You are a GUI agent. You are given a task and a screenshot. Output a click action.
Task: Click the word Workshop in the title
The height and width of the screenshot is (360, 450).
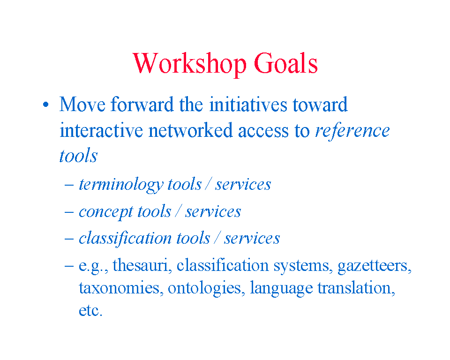coord(190,64)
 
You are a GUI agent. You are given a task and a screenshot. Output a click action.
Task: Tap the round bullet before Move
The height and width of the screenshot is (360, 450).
coord(45,105)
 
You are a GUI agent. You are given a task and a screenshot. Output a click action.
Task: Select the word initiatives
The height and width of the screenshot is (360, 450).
coord(248,104)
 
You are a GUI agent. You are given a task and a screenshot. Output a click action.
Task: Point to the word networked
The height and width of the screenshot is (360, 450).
coord(190,130)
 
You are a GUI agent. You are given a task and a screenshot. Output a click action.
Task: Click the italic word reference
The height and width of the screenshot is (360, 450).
coord(352,131)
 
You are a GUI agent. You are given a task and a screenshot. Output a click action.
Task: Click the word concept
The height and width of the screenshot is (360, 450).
coord(105,212)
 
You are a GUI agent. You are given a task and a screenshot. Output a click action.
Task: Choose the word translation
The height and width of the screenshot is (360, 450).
coord(356,287)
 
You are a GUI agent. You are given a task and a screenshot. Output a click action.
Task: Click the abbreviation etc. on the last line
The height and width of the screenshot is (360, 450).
coord(90,310)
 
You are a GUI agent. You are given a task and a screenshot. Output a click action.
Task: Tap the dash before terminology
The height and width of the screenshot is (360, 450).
coord(69,185)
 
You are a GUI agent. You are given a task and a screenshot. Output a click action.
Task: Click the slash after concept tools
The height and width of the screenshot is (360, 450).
coord(178,211)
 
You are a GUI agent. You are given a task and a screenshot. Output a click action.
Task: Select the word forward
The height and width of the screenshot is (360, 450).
coord(142,104)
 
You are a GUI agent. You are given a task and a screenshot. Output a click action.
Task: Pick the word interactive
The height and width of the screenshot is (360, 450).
coord(101,130)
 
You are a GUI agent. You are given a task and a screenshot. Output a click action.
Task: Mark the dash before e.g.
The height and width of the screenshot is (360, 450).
coord(69,266)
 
